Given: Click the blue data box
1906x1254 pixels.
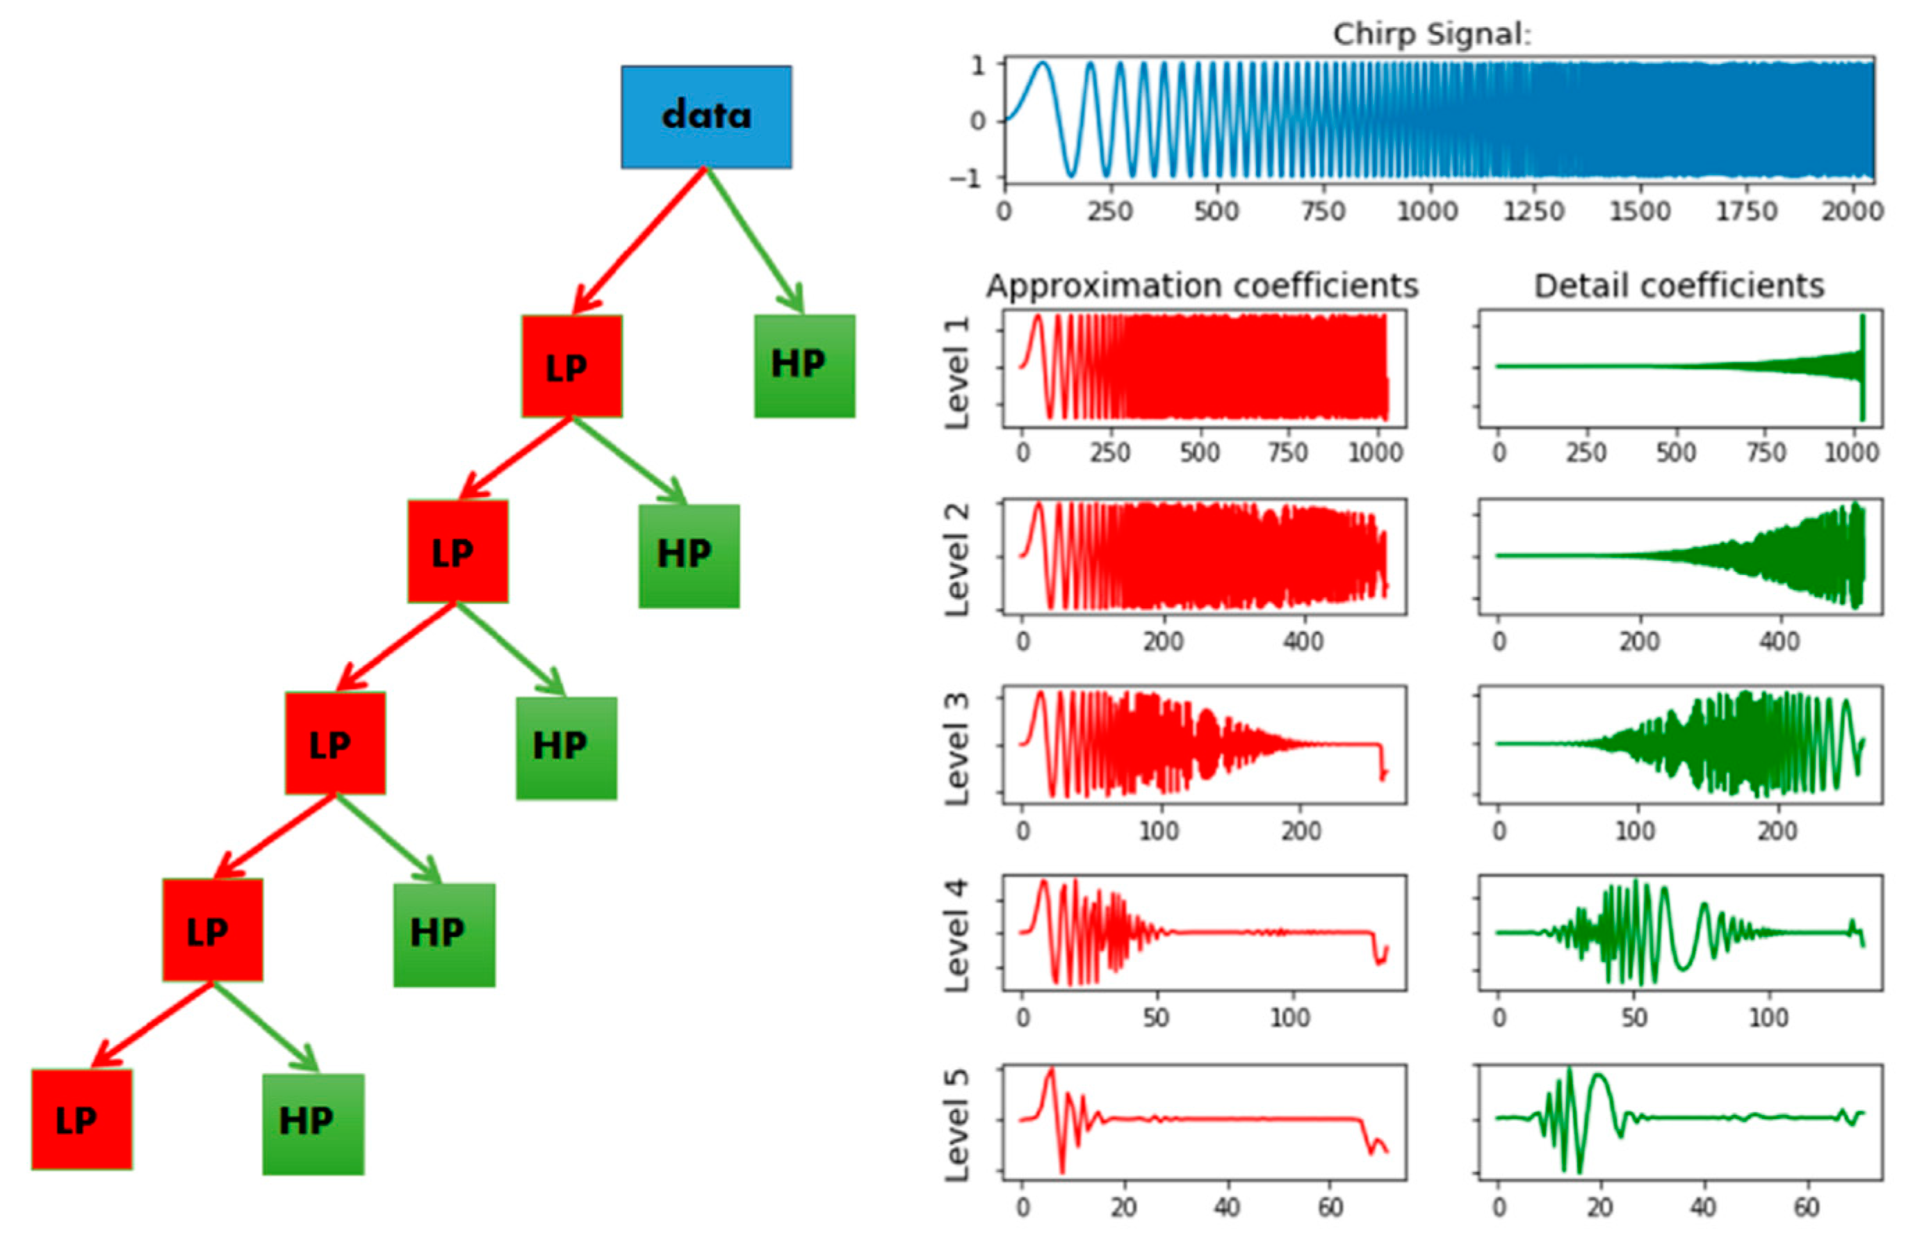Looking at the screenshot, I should click(x=706, y=117).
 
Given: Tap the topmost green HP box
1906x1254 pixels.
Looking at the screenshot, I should click(x=804, y=366).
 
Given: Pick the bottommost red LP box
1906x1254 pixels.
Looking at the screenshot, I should click(x=82, y=1119).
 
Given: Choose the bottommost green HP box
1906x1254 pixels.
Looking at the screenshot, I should click(x=313, y=1123).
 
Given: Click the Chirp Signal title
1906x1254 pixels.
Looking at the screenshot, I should click(x=1431, y=35).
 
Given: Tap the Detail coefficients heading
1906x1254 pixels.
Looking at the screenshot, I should click(x=1679, y=286).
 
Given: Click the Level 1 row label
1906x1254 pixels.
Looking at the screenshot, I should click(x=957, y=373).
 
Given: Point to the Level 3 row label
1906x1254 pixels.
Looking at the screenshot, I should click(x=957, y=748).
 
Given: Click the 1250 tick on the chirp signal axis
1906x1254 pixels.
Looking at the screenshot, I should click(x=1533, y=211).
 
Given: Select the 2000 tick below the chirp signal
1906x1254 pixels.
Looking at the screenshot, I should click(x=1851, y=211).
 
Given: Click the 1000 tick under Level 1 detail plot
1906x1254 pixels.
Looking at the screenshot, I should click(x=1851, y=453).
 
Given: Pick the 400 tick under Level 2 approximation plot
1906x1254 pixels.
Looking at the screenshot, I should click(x=1304, y=642).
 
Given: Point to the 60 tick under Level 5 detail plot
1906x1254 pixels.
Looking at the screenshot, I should click(x=1806, y=1207).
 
